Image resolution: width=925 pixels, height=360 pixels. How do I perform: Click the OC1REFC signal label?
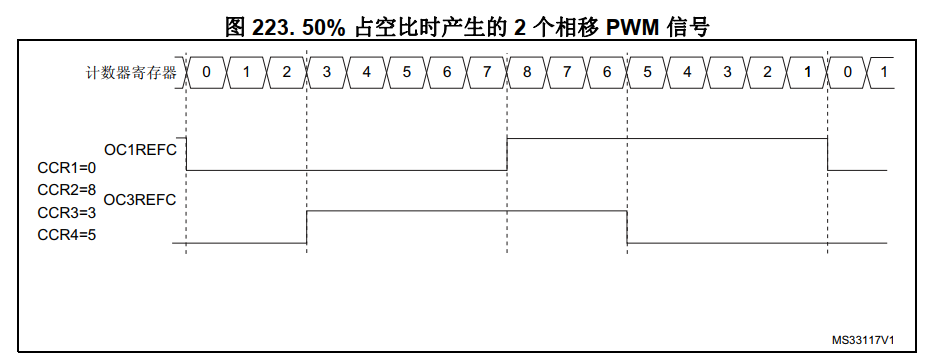(140, 150)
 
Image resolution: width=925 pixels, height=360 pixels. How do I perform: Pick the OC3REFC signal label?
(140, 200)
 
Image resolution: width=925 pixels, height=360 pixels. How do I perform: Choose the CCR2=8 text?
(67, 190)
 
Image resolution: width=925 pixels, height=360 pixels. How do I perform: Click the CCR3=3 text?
(67, 212)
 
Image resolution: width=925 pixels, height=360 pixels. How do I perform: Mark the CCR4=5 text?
(67, 236)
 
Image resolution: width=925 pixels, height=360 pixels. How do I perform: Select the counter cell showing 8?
(527, 73)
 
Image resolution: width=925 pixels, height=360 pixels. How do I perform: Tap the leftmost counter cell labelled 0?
(207, 73)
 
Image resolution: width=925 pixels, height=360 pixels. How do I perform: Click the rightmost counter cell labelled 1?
(881, 73)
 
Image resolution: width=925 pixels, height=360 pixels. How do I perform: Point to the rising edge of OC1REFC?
(507, 154)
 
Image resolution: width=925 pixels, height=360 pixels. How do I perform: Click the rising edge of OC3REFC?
(306, 227)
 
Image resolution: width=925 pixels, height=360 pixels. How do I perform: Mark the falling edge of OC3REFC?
(627, 227)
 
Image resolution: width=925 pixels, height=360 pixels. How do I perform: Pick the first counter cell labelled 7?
(487, 73)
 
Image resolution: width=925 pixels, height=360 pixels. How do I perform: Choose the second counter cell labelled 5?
(647, 73)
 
